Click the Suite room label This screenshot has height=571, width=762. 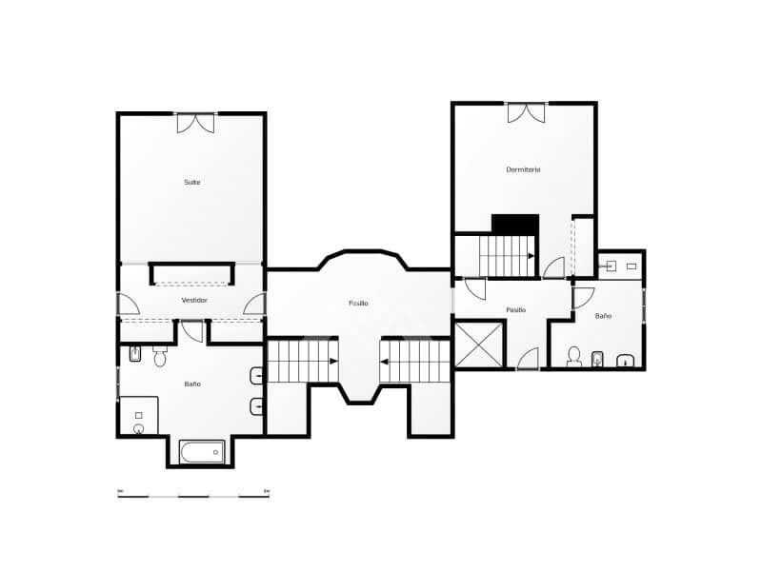coord(192,182)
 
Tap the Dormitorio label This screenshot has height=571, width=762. coord(523,169)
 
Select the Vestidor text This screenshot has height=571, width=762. coord(194,300)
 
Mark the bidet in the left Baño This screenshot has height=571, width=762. coord(135,356)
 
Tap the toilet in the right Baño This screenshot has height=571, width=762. coord(573,357)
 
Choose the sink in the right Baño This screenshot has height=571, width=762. coord(626,361)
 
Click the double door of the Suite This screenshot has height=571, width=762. coord(195,123)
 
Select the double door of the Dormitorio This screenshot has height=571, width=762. coord(526,112)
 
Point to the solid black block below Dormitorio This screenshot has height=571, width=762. coord(515,224)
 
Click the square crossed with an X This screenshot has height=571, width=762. coord(478,345)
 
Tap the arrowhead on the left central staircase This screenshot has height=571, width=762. coord(332,361)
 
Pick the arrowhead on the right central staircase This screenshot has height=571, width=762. coord(384,361)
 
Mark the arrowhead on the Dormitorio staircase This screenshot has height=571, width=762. coord(530,255)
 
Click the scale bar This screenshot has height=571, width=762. coord(193,495)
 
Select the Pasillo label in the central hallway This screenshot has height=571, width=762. coord(358,303)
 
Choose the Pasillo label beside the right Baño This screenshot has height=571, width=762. coord(516,309)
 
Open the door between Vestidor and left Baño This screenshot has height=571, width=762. coord(192,331)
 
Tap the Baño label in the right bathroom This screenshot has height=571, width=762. coord(603,315)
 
